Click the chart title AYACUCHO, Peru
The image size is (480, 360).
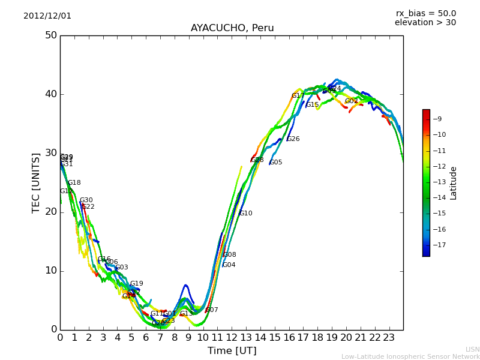pyautogui.click(x=232, y=28)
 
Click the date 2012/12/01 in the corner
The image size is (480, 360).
pyautogui.click(x=47, y=16)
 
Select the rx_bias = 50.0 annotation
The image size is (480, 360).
pyautogui.click(x=425, y=14)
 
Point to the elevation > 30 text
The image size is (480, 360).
pyautogui.click(x=425, y=23)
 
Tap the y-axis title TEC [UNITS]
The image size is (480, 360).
pyautogui.click(x=36, y=182)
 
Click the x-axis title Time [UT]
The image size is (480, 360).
pyautogui.click(x=232, y=350)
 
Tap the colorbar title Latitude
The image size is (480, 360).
pyautogui.click(x=454, y=183)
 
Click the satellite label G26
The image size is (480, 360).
pyautogui.click(x=293, y=139)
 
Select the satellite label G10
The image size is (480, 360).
pyautogui.click(x=246, y=214)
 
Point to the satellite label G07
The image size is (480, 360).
pyautogui.click(x=212, y=310)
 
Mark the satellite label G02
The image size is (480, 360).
pyautogui.click(x=352, y=101)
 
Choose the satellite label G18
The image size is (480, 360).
pyautogui.click(x=74, y=183)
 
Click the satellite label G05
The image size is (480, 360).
pyautogui.click(x=276, y=163)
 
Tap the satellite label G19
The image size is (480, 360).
pyautogui.click(x=137, y=284)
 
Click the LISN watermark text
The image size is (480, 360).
pyautogui.click(x=473, y=349)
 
